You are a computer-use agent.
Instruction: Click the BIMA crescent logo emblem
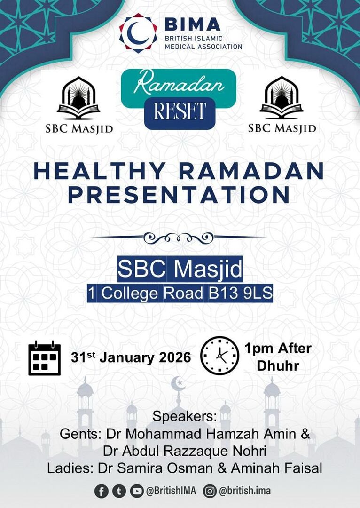click(x=138, y=32)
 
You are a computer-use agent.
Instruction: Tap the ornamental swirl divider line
click(x=179, y=238)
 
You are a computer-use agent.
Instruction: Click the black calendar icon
click(x=45, y=358)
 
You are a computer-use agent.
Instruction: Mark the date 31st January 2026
click(x=131, y=358)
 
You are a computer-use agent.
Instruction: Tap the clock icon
click(x=219, y=356)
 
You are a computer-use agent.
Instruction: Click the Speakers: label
click(x=184, y=417)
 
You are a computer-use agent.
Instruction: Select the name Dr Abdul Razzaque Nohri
click(x=185, y=451)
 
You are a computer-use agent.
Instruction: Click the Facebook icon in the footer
click(x=101, y=492)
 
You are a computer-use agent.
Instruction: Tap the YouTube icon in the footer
click(x=137, y=492)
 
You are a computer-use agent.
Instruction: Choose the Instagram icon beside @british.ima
click(x=210, y=492)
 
